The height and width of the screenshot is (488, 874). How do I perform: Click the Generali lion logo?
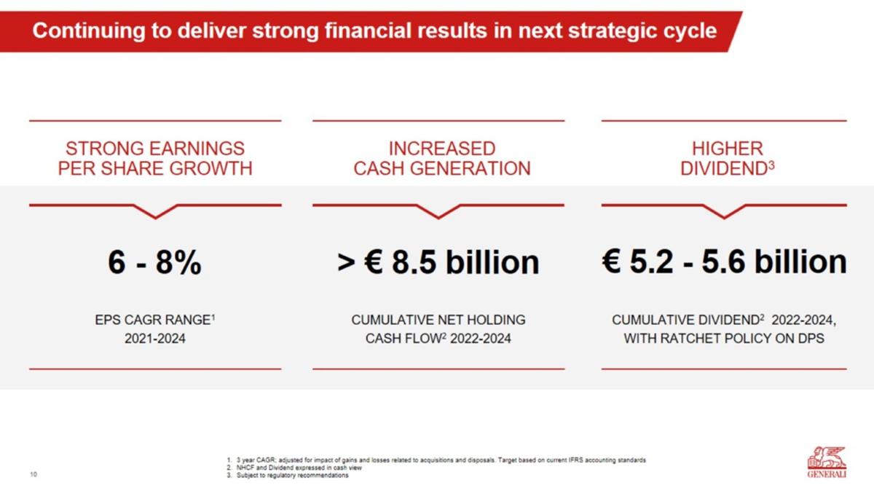click(x=827, y=463)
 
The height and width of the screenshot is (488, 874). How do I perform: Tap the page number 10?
click(x=34, y=474)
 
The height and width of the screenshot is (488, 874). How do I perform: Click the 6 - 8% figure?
click(x=154, y=262)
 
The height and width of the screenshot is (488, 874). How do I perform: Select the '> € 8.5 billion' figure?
click(x=438, y=262)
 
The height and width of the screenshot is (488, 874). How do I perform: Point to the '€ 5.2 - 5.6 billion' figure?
click(x=724, y=261)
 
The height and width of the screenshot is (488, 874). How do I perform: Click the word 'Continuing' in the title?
click(x=89, y=31)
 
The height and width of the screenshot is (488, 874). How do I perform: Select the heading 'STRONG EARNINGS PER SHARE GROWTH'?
click(x=155, y=158)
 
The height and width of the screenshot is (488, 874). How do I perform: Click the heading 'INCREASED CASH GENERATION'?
click(x=442, y=158)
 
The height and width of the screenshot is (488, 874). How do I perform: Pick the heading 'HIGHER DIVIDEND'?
click(x=728, y=158)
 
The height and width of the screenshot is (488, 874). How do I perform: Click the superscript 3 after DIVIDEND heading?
click(x=771, y=166)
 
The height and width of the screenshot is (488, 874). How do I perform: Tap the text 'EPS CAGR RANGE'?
click(x=153, y=320)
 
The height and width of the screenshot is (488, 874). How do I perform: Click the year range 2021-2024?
click(x=155, y=338)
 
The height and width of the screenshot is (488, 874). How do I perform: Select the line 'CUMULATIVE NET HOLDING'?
click(x=438, y=320)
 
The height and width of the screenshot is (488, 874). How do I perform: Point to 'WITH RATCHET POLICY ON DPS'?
click(x=724, y=338)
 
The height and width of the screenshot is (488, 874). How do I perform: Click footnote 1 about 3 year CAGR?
click(x=436, y=460)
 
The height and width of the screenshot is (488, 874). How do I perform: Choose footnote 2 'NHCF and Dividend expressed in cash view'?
click(x=294, y=468)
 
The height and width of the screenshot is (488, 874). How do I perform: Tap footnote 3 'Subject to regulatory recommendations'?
click(x=288, y=475)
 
